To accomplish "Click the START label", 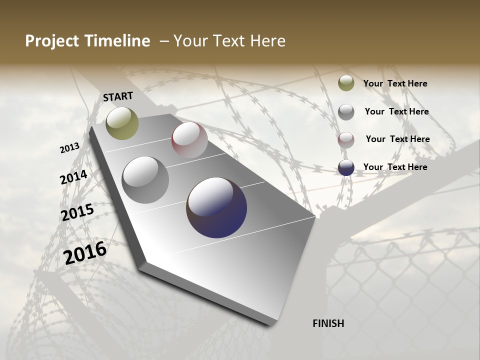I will pos(118,96).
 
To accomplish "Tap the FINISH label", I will pos(328,323).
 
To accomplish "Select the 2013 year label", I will pos(70,148).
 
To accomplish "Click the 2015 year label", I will pos(77,212).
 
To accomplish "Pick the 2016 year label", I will pos(85,253).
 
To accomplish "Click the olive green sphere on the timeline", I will pos(122,123).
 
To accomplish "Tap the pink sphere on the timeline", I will pos(189,140).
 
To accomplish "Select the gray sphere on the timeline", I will pos(145,180).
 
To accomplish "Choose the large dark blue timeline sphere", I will pos(216,207).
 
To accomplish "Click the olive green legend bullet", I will pos(346,83).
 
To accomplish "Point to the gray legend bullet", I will pos(346,112).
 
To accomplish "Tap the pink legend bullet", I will pos(346,139).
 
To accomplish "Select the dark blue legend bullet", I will pos(346,167).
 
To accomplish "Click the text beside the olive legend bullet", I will pos(395,83).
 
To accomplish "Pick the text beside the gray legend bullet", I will pos(397,111).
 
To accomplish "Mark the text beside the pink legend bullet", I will pos(398,139).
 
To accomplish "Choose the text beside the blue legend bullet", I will pos(395,167).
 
